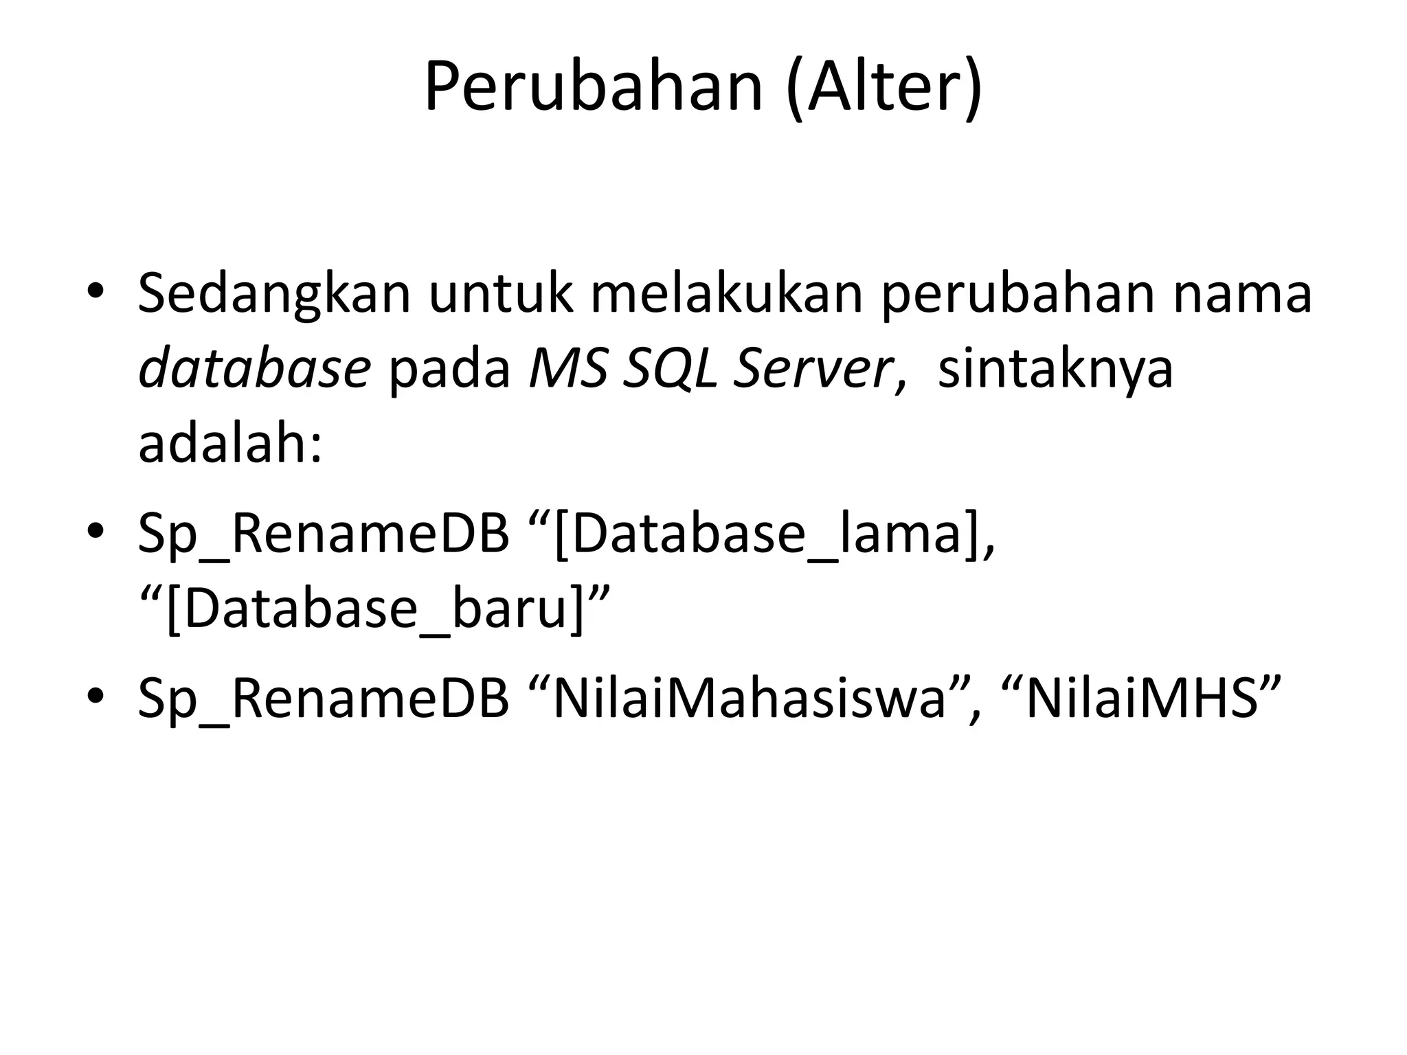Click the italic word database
(x=255, y=369)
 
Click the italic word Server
(x=813, y=369)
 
